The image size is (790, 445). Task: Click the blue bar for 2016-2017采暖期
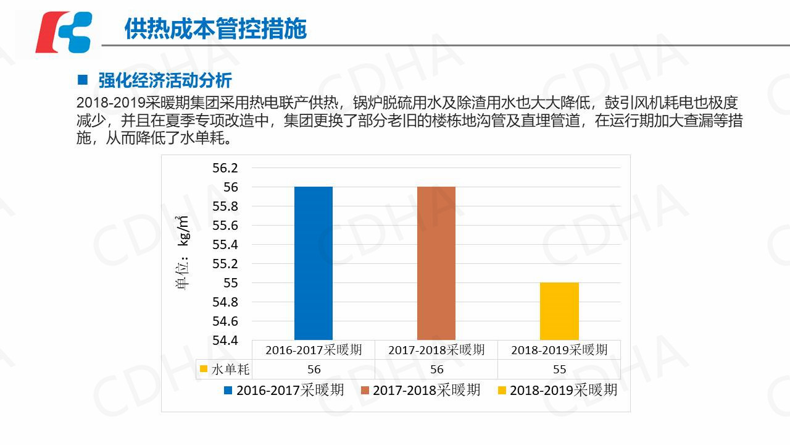point(314,263)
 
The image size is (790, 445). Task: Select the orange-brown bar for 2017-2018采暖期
point(436,263)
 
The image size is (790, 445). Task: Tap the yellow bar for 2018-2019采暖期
point(559,311)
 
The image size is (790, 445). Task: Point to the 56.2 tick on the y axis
point(225,168)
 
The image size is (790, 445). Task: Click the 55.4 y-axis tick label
point(225,245)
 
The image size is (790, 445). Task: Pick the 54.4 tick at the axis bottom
point(225,341)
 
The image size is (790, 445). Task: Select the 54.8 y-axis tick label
point(225,302)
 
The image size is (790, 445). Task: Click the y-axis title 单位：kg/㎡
point(183,253)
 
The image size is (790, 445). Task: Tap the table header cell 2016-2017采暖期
point(314,350)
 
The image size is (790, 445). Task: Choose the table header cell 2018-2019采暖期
point(559,350)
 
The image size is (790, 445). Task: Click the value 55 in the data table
point(559,370)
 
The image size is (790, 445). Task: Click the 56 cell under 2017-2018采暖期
point(436,370)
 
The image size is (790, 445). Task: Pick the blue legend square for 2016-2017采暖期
point(228,391)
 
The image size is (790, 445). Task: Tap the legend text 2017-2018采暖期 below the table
point(426,390)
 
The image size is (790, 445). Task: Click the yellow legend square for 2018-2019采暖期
point(502,391)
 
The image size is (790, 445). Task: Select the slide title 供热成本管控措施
point(215,29)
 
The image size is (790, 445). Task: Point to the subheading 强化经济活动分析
point(165,80)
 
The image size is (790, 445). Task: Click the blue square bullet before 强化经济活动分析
point(83,80)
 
